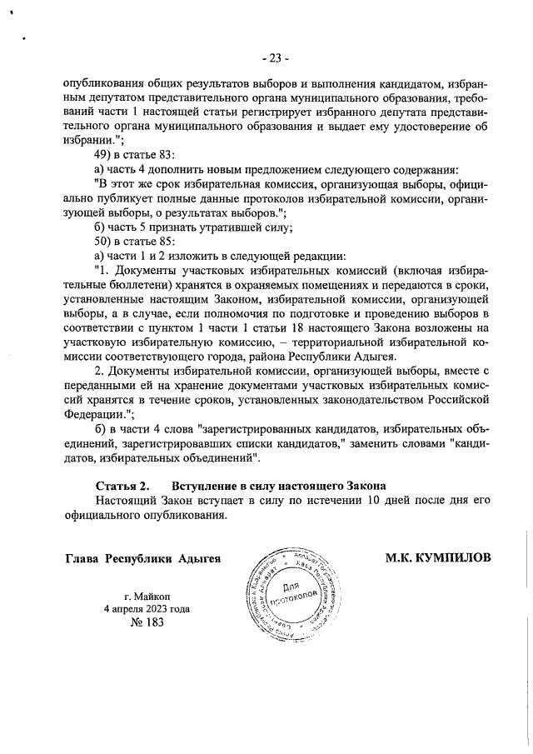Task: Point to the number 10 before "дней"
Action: pos(375,500)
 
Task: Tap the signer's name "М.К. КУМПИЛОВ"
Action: pos(437,557)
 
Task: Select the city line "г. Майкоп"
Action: pos(146,596)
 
